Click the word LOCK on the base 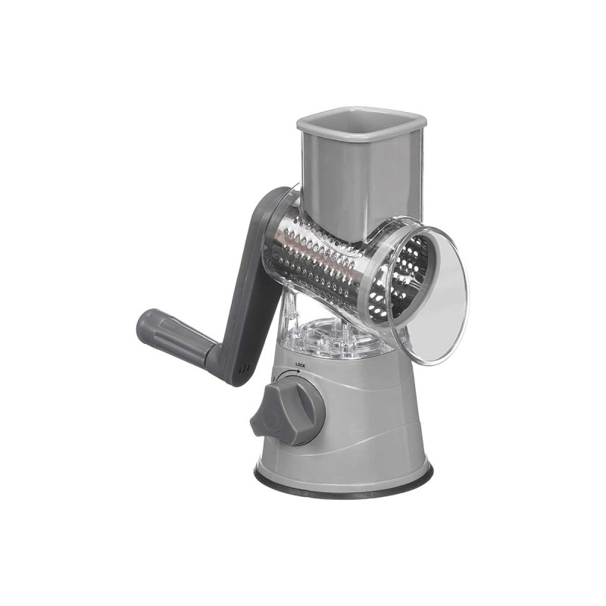300,364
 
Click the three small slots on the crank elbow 244,369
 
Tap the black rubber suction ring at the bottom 343,484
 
